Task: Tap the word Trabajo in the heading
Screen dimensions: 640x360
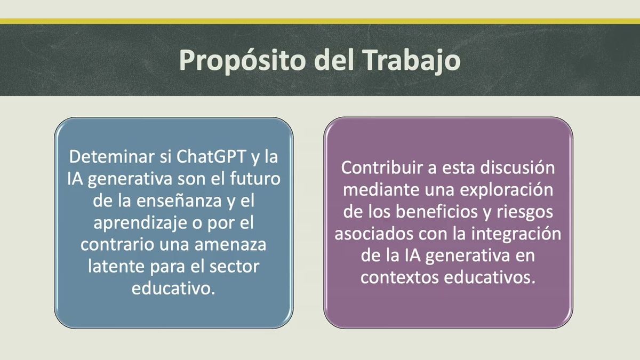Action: point(413,61)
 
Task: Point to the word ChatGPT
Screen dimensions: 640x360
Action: point(211,157)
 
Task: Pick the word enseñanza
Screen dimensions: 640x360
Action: point(179,201)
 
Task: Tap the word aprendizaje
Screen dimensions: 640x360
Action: point(140,223)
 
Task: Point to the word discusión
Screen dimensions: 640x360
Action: point(517,167)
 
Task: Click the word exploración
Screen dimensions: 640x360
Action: point(507,190)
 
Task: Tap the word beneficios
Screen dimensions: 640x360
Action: point(437,212)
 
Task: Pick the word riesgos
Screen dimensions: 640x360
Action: point(525,213)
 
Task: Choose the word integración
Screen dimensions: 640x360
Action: point(516,234)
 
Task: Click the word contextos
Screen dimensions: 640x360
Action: point(399,278)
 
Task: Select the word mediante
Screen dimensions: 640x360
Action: point(381,190)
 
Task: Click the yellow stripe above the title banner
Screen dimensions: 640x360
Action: point(320,21)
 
